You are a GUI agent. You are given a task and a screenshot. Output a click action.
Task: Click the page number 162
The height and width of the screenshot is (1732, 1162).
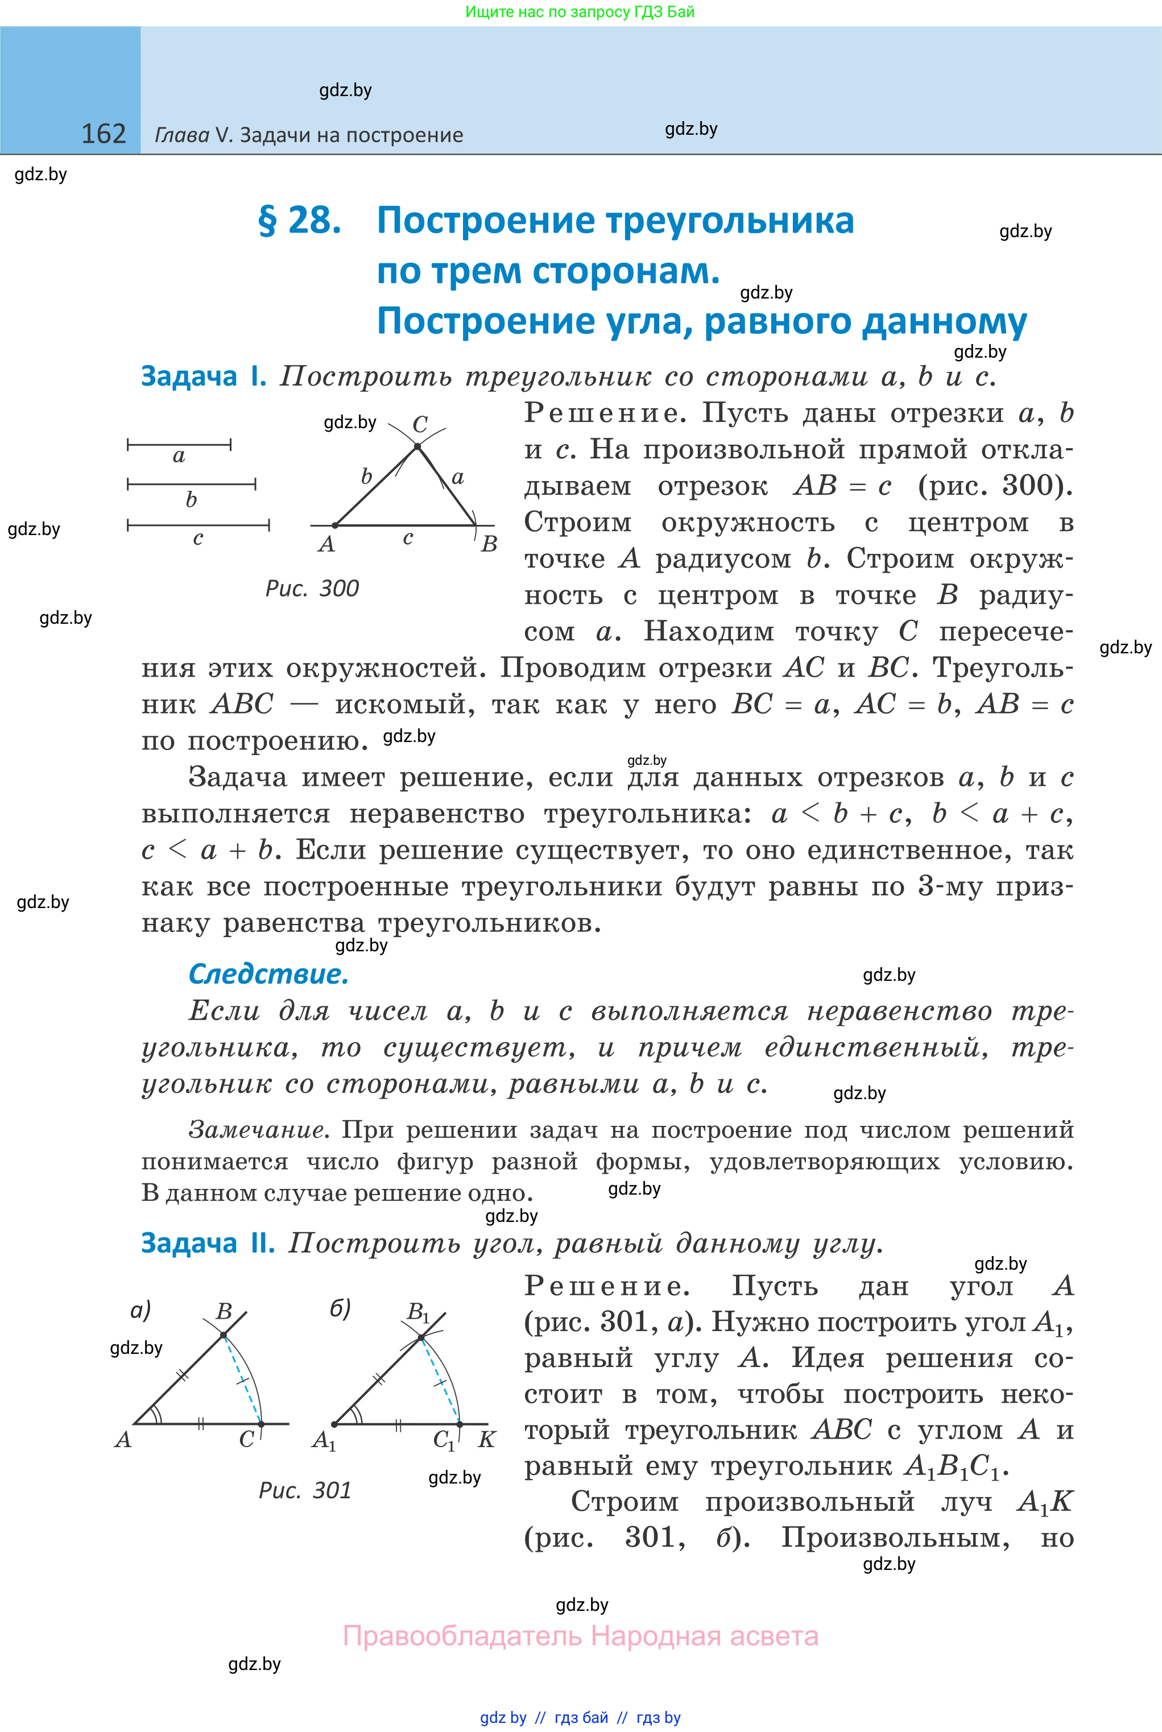click(103, 134)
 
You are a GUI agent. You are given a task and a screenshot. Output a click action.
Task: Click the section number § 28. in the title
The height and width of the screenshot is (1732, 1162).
click(299, 221)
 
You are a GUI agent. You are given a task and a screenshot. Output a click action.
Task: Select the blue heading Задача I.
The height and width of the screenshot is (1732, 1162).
click(203, 376)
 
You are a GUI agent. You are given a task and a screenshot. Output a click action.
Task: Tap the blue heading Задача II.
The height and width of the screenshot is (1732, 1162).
click(208, 1242)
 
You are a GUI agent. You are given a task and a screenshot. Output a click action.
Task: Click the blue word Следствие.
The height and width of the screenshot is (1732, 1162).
click(268, 973)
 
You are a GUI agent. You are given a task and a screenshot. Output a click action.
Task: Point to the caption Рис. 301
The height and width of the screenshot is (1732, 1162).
click(305, 1490)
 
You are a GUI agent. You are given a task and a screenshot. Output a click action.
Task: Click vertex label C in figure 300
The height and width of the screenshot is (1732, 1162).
click(420, 425)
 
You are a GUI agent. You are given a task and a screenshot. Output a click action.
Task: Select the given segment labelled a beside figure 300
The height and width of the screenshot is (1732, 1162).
click(179, 445)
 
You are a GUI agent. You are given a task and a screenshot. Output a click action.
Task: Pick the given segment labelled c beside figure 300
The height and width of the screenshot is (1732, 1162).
click(198, 525)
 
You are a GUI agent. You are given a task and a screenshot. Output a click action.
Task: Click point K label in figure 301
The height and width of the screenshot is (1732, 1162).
click(487, 1439)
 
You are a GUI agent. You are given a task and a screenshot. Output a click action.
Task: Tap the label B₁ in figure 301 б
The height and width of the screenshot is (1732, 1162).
click(418, 1312)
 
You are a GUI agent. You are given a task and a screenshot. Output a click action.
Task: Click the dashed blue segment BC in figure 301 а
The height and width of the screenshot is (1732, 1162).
click(242, 1379)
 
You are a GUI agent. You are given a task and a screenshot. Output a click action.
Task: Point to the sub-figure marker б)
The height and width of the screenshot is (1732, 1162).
click(340, 1308)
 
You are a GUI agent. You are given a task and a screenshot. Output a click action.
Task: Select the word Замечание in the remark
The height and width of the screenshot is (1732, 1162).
click(257, 1130)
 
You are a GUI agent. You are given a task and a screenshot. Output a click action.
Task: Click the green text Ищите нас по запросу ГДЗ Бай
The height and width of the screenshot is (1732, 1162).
click(580, 12)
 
